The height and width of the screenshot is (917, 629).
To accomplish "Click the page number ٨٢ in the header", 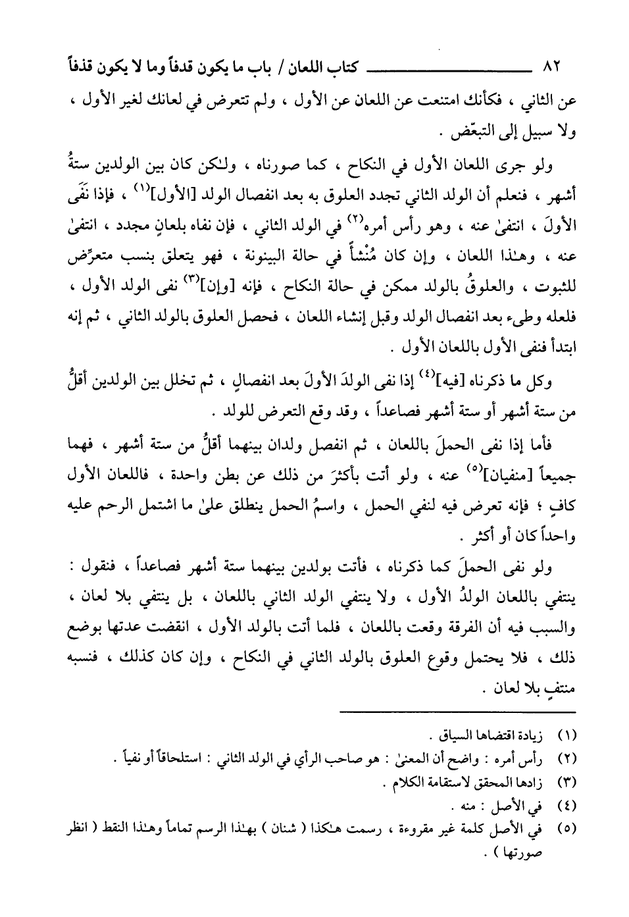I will click(x=549, y=67).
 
